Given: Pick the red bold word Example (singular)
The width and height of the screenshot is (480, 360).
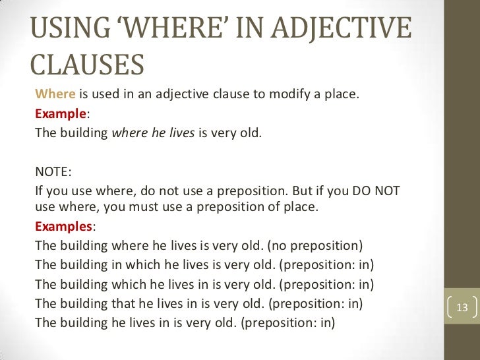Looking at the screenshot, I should [x=60, y=112].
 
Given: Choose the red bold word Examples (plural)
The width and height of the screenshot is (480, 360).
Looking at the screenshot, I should [x=63, y=225].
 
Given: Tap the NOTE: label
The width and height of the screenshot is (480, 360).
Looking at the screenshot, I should [x=52, y=173].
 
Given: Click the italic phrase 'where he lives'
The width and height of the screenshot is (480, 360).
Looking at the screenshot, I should [x=154, y=131].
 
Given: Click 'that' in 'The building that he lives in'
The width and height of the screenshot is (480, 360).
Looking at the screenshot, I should [x=126, y=304].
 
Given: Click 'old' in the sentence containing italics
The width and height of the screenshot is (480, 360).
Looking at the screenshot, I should [x=251, y=131].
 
